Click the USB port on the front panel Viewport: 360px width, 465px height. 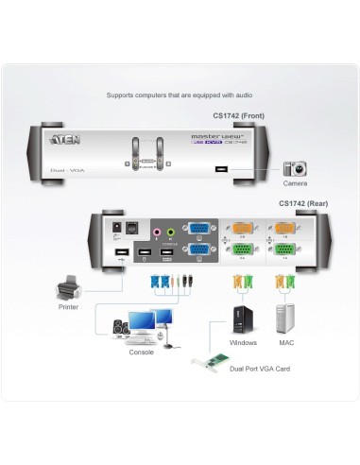point(220,170)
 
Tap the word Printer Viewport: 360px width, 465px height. point(67,307)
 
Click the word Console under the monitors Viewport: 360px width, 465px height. point(141,352)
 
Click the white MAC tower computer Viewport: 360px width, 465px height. point(286,318)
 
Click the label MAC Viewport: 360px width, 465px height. point(286,342)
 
